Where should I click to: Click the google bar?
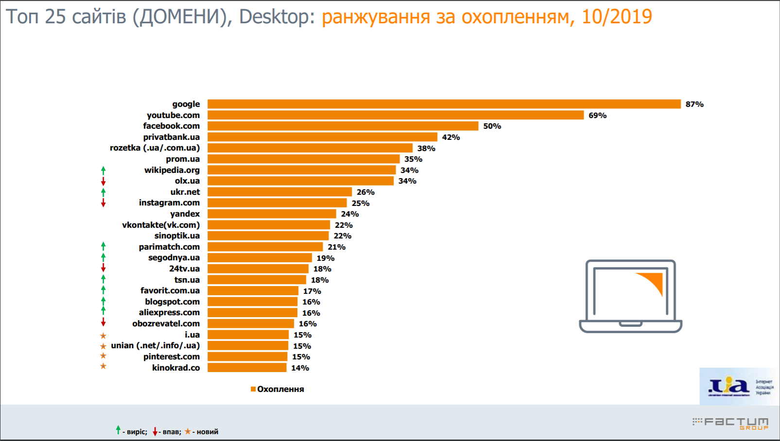coord(444,104)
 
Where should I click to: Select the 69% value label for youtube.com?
coord(597,116)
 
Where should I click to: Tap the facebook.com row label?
coord(171,126)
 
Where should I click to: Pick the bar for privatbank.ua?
coord(322,137)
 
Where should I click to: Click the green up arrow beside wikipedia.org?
coord(103,170)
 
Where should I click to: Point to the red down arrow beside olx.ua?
coord(103,181)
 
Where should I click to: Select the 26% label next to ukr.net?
coord(365,192)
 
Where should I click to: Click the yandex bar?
coord(272,214)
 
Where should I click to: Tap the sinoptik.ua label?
coord(177,236)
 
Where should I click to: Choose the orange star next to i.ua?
coord(103,336)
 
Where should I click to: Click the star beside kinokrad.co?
coord(103,366)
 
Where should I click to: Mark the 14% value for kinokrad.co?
coord(300,368)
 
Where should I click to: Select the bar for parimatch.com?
coord(265,247)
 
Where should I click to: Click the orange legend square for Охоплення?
coord(253,389)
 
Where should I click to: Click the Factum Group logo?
coord(731,423)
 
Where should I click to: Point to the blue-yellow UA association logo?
coord(729,386)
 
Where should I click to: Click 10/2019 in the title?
coord(617,17)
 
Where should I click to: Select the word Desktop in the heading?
coord(274,17)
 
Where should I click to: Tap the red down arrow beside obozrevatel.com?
coord(103,322)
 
